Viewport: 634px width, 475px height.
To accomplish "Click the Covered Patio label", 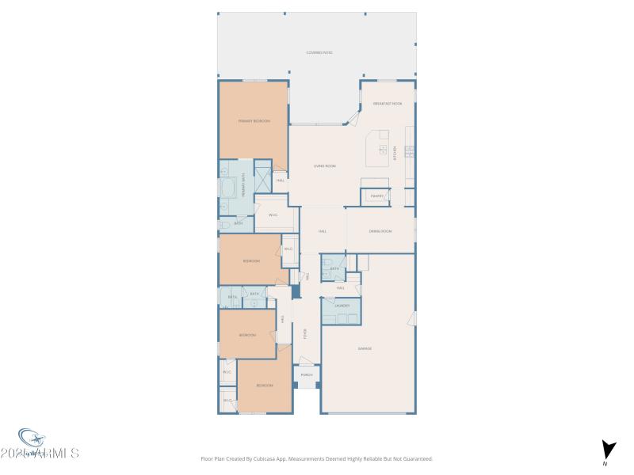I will click(319, 53).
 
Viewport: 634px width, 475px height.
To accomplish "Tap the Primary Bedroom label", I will click(254, 121).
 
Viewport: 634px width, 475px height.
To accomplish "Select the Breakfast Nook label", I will click(388, 104).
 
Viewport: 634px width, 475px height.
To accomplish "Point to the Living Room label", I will click(325, 166).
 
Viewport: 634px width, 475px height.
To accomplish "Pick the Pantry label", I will click(377, 196).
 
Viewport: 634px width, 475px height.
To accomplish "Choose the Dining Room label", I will click(381, 231).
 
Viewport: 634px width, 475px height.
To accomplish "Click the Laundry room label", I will click(342, 305).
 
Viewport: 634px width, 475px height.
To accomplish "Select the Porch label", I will click(307, 374).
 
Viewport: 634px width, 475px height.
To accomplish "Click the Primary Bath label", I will click(243, 187).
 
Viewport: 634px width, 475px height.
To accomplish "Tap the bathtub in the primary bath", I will click(228, 188).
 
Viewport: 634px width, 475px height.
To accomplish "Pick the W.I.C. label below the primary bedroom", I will click(273, 215).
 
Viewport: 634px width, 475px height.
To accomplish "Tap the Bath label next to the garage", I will click(334, 268).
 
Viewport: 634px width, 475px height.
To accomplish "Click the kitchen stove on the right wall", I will click(410, 151).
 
